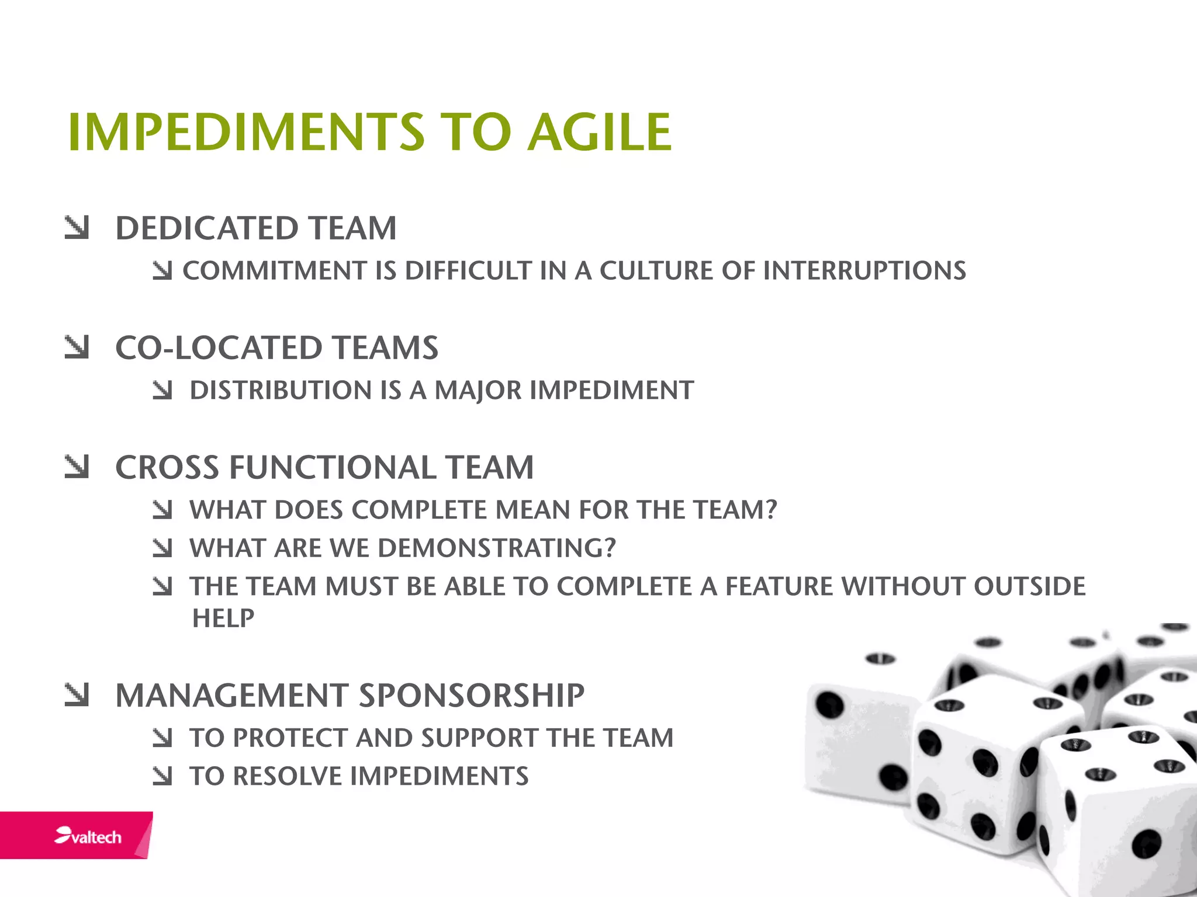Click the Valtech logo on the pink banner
(88, 836)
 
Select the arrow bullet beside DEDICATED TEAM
(77, 228)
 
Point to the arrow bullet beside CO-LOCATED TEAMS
(77, 347)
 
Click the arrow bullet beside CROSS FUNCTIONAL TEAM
(77, 467)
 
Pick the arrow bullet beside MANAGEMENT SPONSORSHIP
(77, 695)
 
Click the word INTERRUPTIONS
(864, 271)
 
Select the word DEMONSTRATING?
(496, 548)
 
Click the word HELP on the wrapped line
(223, 618)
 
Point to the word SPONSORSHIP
(471, 696)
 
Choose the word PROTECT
(290, 738)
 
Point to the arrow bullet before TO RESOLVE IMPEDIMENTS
(162, 776)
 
